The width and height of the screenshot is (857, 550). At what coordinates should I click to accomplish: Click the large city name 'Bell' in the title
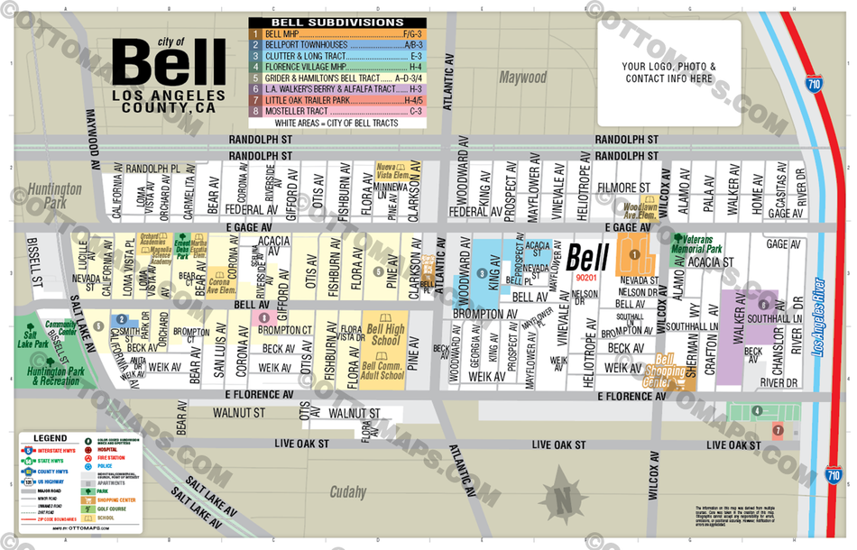click(x=169, y=65)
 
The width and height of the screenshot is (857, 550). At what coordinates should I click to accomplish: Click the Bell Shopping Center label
click(x=674, y=371)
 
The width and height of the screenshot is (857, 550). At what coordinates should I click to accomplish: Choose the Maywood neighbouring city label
click(x=523, y=78)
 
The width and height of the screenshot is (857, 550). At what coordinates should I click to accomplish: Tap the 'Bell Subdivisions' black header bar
click(x=337, y=21)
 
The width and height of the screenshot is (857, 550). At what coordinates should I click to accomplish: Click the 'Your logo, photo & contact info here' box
click(x=668, y=72)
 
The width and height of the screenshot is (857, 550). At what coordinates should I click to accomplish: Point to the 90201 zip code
click(x=585, y=278)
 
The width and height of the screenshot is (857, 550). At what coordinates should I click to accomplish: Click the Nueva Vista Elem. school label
click(x=392, y=171)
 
